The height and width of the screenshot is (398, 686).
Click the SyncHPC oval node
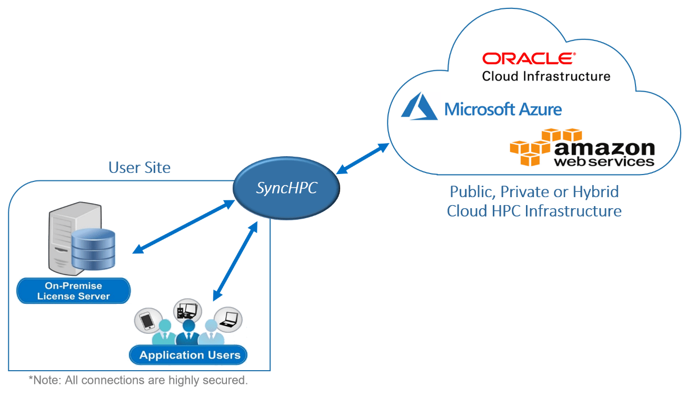pyautogui.click(x=286, y=188)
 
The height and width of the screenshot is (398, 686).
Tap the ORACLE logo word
pyautogui.click(x=529, y=58)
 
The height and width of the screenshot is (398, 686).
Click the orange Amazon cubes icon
pyautogui.click(x=532, y=147)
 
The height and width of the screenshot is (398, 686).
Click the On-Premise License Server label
pyautogui.click(x=73, y=291)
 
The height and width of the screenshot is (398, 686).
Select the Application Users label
pyautogui.click(x=190, y=355)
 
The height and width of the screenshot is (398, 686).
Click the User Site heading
pyautogui.click(x=140, y=168)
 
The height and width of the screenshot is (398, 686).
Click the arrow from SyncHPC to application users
pyautogui.click(x=235, y=261)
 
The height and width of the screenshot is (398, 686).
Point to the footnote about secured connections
pyautogui.click(x=138, y=380)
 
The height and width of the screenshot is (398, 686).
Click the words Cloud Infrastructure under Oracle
pyautogui.click(x=546, y=76)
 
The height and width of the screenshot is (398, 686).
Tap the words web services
pyautogui.click(x=604, y=161)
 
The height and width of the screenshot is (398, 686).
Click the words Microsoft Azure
pyautogui.click(x=503, y=109)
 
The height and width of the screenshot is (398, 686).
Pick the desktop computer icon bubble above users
pyautogui.click(x=187, y=310)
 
